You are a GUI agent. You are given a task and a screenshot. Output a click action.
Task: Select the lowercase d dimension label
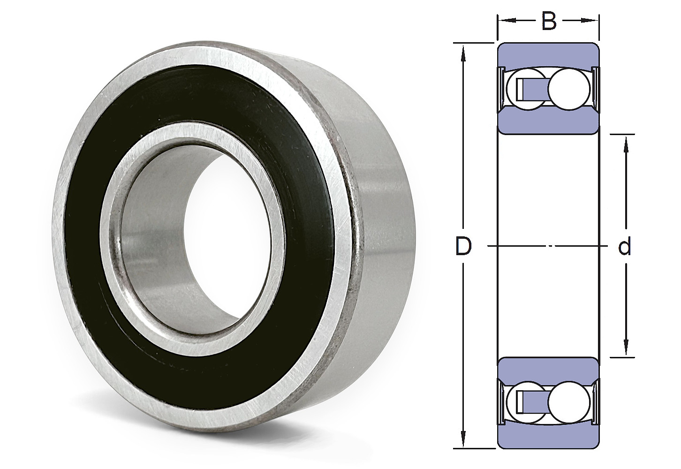(x=624, y=247)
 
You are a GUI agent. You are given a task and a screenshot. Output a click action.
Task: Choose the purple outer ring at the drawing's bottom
(x=548, y=437)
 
